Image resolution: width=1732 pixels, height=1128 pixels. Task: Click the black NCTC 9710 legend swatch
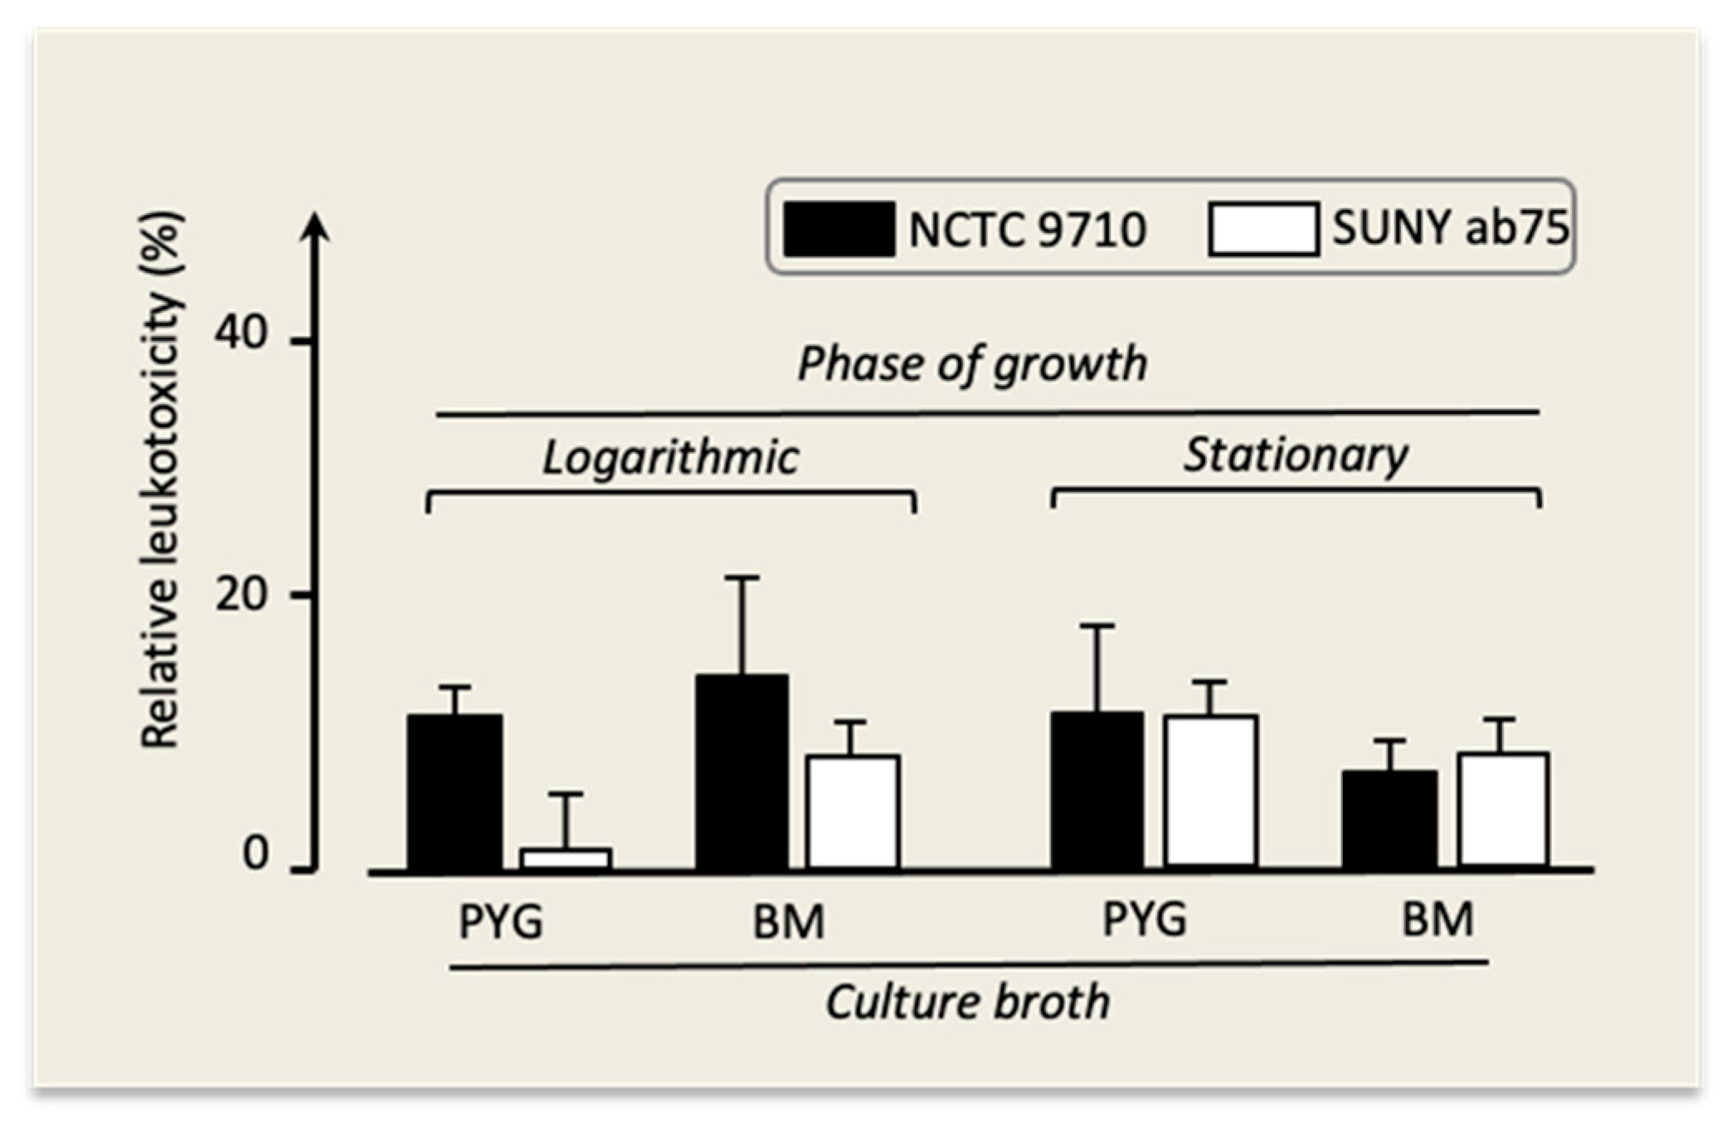pos(839,229)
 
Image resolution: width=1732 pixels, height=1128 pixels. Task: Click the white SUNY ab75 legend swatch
pos(1263,229)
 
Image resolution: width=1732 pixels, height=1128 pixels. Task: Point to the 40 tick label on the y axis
pos(241,333)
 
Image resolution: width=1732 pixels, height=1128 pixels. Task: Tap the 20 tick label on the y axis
pos(241,594)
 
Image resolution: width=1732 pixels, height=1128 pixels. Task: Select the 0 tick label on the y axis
pos(255,853)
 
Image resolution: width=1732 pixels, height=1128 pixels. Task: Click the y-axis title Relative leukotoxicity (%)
pos(161,481)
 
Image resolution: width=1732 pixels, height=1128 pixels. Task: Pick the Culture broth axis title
pos(967,1002)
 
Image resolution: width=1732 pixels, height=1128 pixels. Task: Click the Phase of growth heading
pos(972,365)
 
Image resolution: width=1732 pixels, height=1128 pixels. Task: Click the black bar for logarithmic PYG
pos(455,792)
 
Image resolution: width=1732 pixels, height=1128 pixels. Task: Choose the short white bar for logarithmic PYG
pos(566,859)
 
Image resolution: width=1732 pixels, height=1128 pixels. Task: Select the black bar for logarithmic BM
pos(742,772)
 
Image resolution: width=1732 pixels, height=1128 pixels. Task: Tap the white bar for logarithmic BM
pos(853,812)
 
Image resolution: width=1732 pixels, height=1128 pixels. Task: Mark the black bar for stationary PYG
pos(1097,790)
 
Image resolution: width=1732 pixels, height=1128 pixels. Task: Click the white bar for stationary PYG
pos(1210,791)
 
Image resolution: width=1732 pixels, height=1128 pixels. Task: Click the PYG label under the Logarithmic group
pos(501,922)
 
